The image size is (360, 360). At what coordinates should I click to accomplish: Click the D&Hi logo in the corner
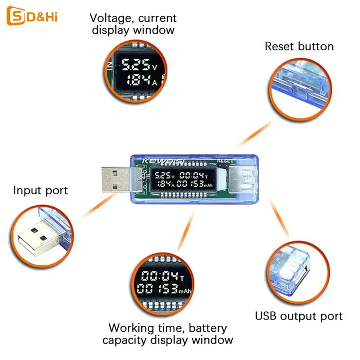32,17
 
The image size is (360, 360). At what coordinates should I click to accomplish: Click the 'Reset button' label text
299,46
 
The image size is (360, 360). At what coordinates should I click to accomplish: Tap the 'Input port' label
40,190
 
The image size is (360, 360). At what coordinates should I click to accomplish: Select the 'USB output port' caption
299,316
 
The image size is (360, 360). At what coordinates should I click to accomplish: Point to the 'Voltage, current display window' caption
133,24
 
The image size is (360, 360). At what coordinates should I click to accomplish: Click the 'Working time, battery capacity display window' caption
167,333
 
